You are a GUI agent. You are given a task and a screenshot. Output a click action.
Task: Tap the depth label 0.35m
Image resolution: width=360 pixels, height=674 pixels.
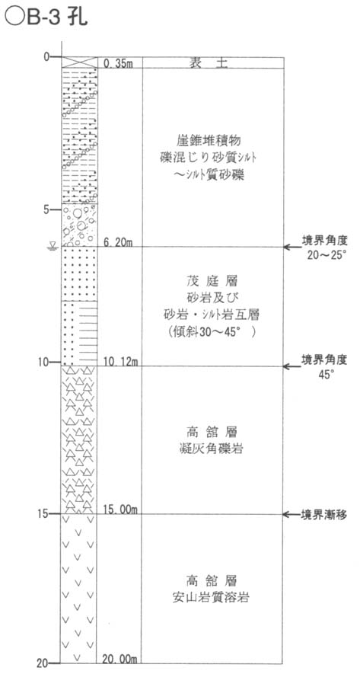118,63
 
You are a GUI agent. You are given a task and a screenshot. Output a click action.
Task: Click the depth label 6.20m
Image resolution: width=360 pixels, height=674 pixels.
118,242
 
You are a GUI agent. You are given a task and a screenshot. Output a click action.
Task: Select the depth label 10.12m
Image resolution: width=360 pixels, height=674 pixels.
119,362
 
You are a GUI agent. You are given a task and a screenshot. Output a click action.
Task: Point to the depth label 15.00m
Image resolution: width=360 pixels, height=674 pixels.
119,509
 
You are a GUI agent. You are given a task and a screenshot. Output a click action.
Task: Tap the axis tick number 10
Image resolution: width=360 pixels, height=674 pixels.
43,362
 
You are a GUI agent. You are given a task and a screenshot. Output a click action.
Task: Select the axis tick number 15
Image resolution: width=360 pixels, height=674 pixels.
43,513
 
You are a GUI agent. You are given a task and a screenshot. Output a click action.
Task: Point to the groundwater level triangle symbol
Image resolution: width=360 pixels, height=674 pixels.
53,245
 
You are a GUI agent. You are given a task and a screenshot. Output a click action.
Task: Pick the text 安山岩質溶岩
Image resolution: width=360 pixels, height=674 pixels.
212,598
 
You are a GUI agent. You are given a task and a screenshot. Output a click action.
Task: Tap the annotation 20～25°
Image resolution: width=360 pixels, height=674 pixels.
327,256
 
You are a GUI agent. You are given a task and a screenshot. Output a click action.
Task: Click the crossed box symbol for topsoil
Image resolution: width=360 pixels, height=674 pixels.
78,62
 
